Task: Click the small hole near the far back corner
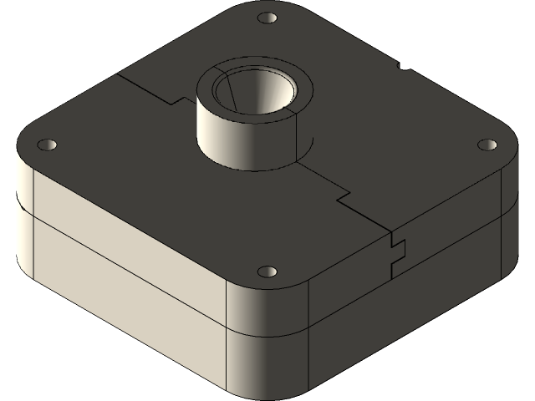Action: tap(267, 18)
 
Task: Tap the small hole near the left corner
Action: tap(47, 145)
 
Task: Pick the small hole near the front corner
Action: tap(267, 272)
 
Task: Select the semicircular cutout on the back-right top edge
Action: tap(405, 64)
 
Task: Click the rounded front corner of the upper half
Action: tap(267, 305)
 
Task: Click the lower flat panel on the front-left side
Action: tap(125, 317)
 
